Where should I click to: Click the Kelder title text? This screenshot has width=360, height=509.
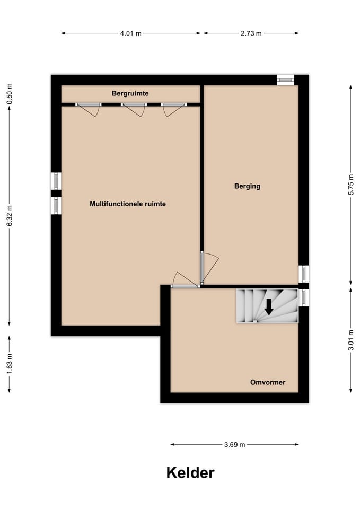coord(190,472)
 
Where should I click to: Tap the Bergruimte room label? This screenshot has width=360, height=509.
coord(130,93)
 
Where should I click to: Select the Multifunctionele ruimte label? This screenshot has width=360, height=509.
coord(128,204)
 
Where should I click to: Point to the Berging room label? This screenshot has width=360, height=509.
coord(248,186)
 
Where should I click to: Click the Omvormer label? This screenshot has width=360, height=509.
coord(268,382)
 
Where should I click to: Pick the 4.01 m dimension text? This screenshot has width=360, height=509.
coord(131,33)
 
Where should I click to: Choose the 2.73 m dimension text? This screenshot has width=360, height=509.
coord(251,33)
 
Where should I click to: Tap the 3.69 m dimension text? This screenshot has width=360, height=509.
coord(235,445)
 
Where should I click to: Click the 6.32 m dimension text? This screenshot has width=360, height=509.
coord(10,216)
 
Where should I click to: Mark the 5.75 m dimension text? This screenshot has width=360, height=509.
coord(350,185)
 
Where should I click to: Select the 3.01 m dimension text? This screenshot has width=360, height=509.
coord(350,340)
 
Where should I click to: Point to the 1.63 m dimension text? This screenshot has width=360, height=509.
coord(10,363)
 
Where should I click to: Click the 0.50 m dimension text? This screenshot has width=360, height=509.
coord(10,94)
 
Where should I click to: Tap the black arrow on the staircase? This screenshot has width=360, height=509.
coord(269,307)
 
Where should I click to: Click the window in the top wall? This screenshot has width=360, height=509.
coord(285,80)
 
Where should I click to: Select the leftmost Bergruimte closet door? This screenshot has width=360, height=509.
coord(88,109)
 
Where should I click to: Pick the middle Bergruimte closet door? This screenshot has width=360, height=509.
coord(134,109)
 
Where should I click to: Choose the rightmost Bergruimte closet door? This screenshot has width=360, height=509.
coord(174,109)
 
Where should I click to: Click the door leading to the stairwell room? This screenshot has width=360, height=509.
coord(185,280)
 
